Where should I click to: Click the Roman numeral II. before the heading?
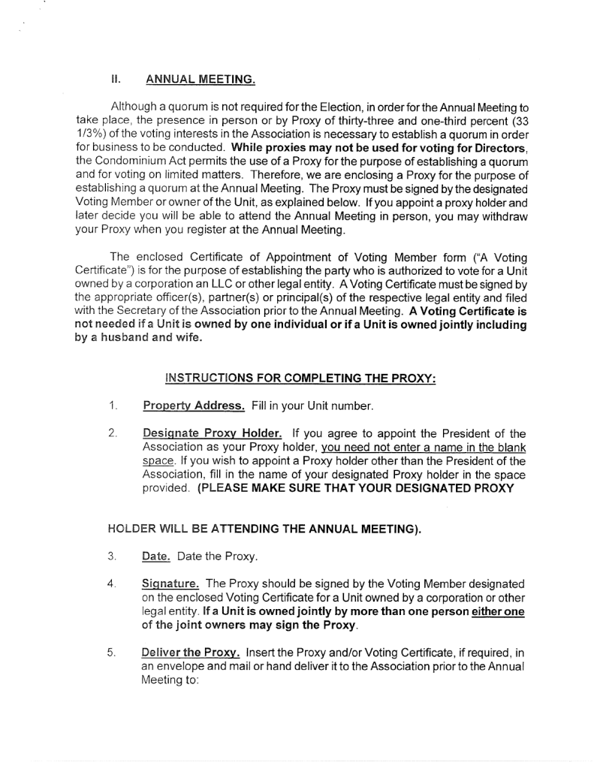tap(116, 78)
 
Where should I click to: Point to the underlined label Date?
tap(155, 556)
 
